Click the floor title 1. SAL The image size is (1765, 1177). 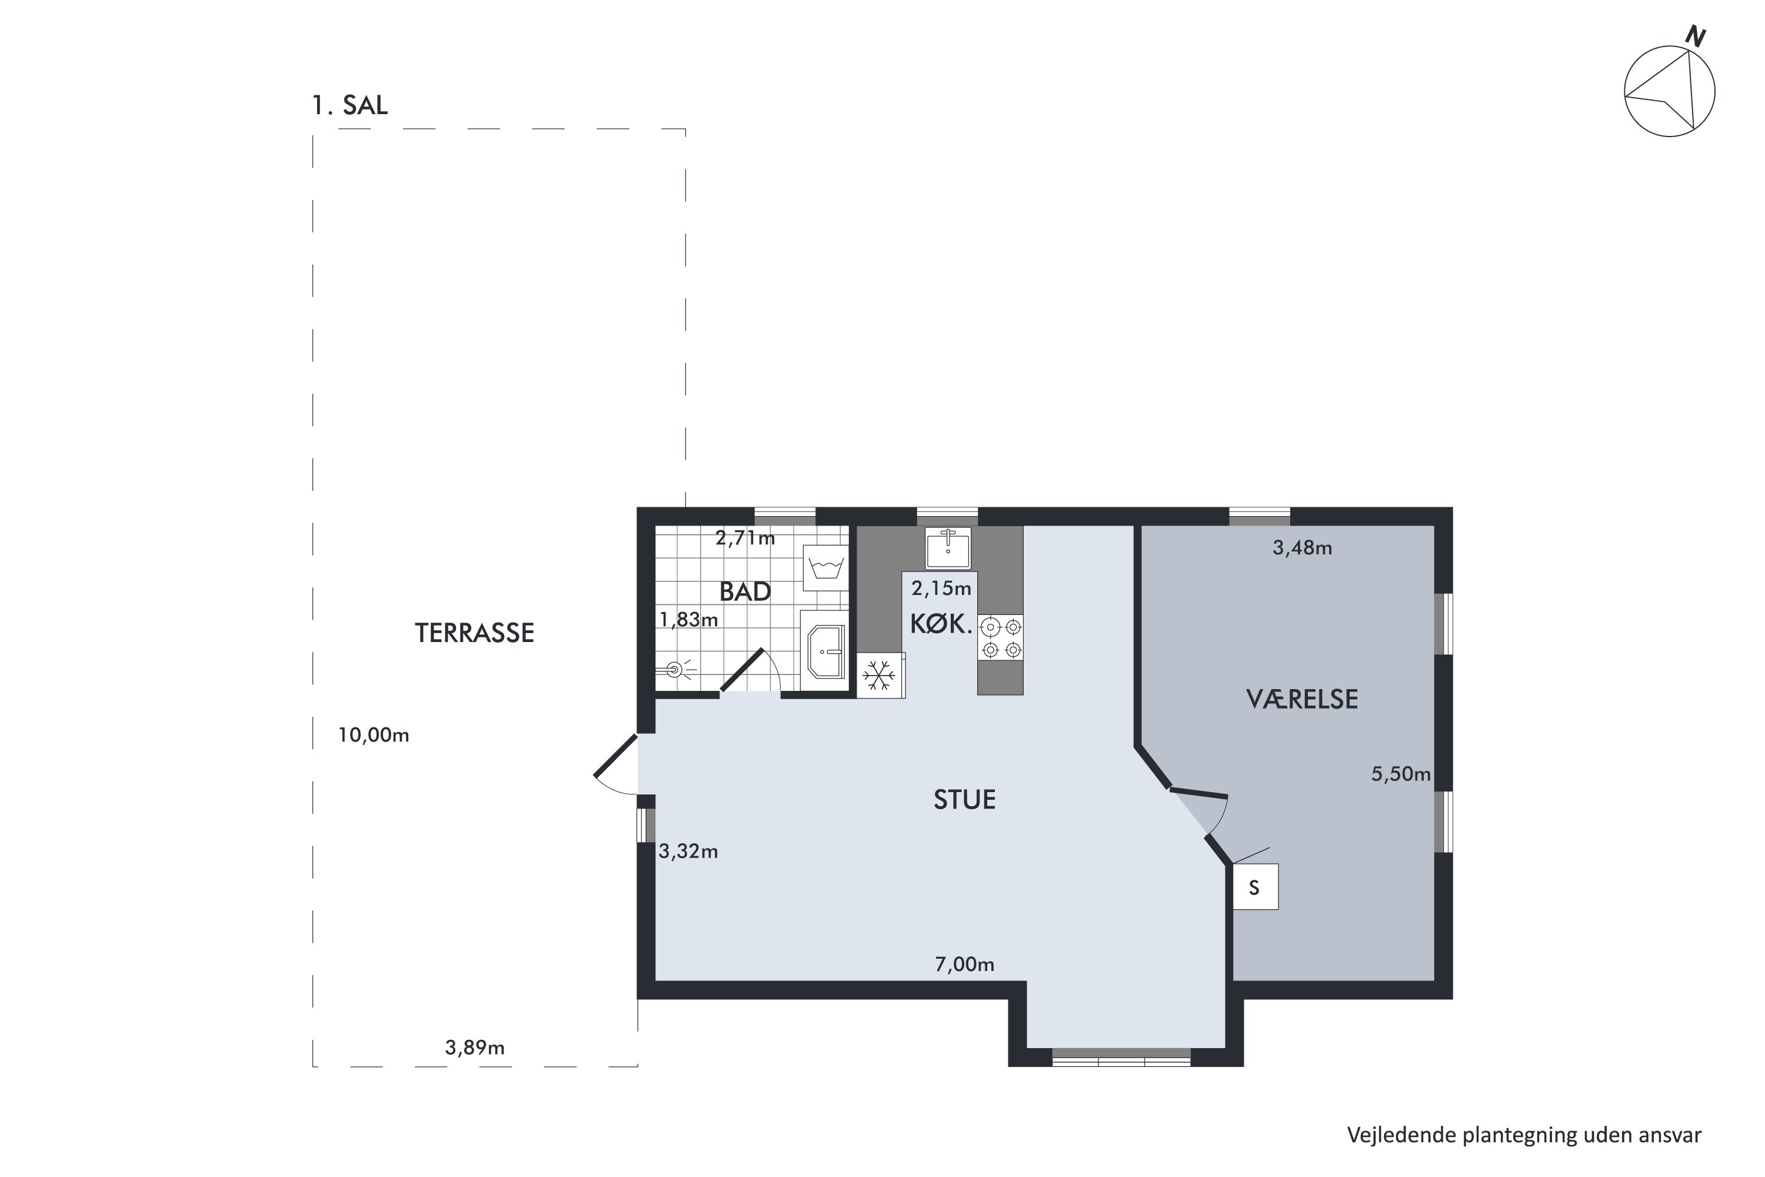pyautogui.click(x=349, y=106)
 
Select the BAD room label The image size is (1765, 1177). pyautogui.click(x=745, y=592)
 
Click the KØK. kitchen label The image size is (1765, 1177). pyautogui.click(x=941, y=624)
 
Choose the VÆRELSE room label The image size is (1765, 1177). pyautogui.click(x=1302, y=700)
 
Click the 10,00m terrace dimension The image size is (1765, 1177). pyautogui.click(x=374, y=736)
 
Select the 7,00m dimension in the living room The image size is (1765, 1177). pyautogui.click(x=965, y=965)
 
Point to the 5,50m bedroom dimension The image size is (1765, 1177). pyautogui.click(x=1401, y=774)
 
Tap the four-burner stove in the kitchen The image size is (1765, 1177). pyautogui.click(x=1000, y=637)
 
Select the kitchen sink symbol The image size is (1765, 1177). pyautogui.click(x=948, y=547)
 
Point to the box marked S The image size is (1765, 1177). pyautogui.click(x=1256, y=887)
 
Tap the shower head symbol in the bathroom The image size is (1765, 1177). pyautogui.click(x=675, y=670)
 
